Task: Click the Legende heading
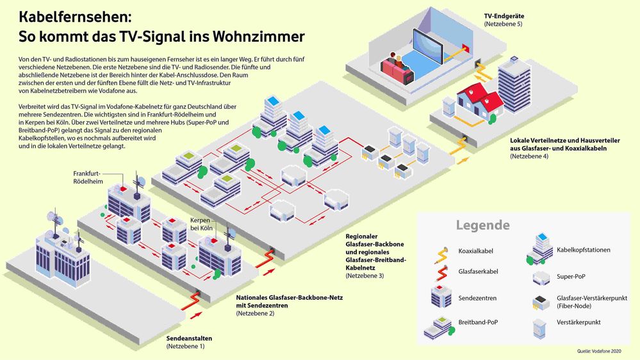tap(482, 225)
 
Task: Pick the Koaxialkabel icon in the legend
tap(442, 253)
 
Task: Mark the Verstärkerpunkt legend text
tap(578, 322)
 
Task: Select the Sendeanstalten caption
tap(189, 338)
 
